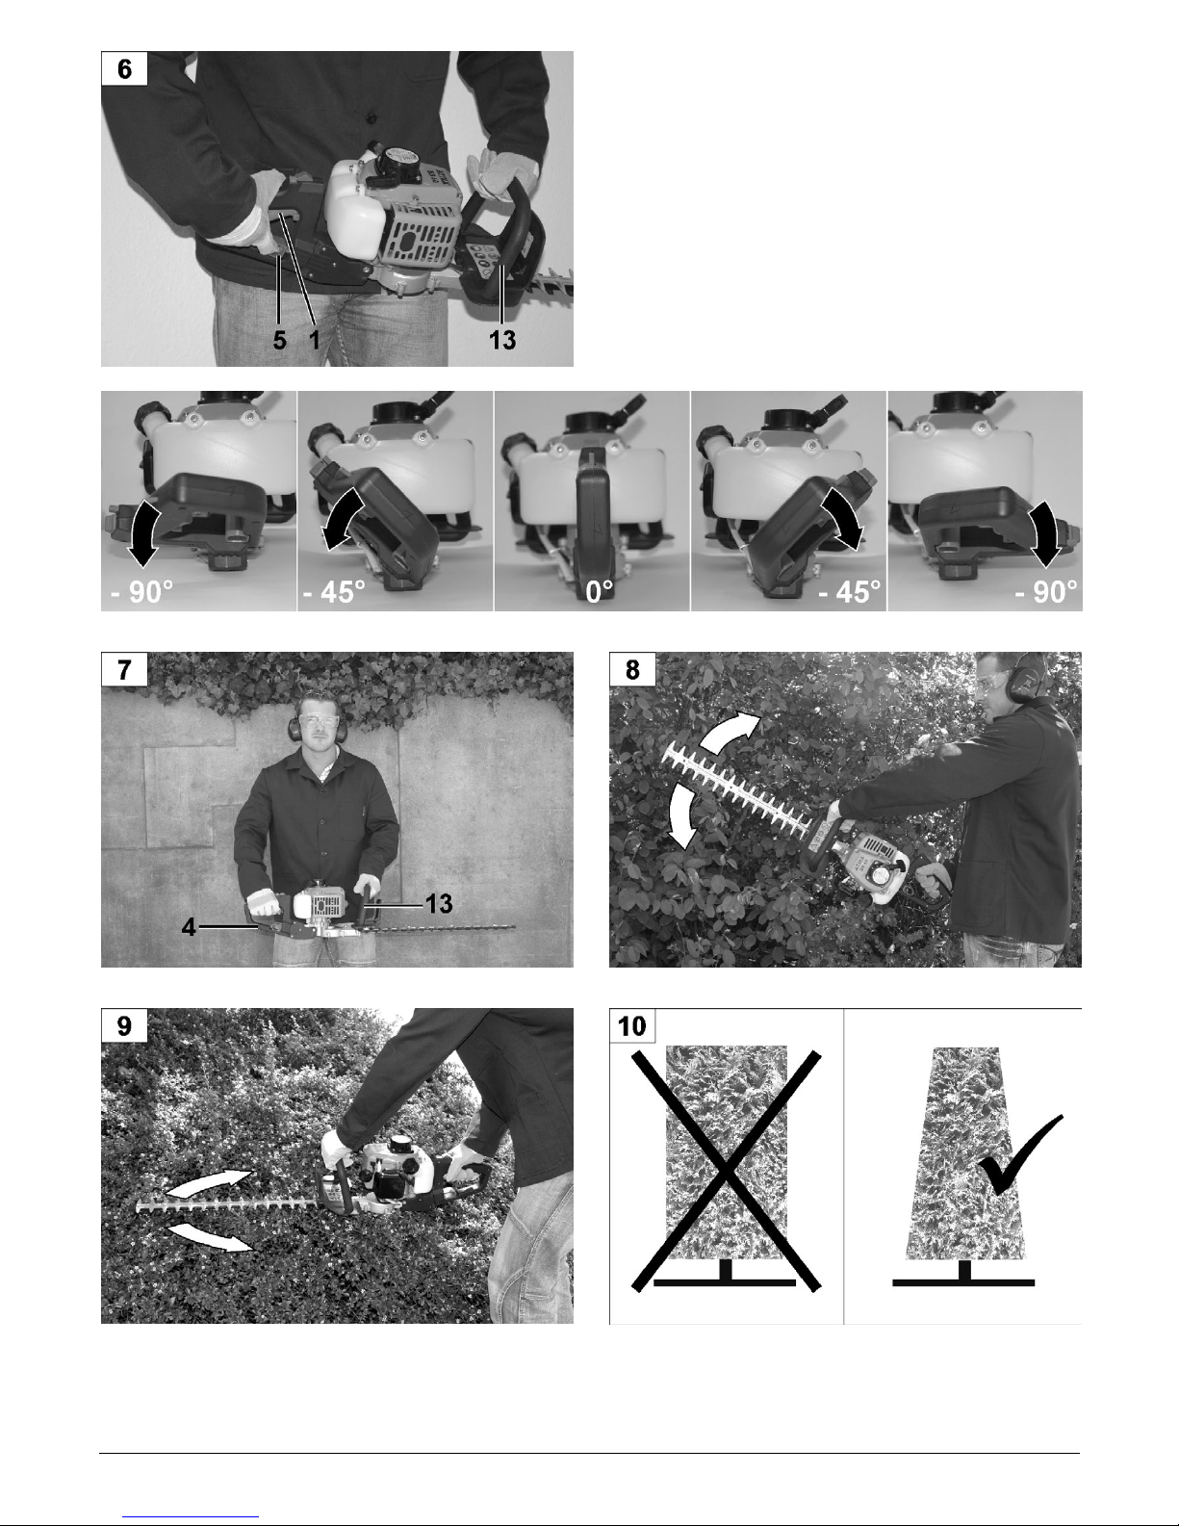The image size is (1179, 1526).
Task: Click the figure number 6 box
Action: click(x=124, y=68)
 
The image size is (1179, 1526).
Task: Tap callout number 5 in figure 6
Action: click(x=279, y=341)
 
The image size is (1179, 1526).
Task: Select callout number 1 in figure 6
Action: click(x=314, y=341)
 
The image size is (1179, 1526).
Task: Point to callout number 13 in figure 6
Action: click(x=501, y=341)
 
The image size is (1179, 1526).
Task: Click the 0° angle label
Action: click(x=600, y=591)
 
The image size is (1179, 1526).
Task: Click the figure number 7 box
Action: click(x=124, y=669)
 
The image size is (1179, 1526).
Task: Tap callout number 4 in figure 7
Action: click(x=188, y=927)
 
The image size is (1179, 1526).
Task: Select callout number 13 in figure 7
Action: click(x=439, y=904)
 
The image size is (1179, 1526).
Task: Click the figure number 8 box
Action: click(x=632, y=669)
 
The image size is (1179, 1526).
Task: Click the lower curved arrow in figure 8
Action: click(x=678, y=816)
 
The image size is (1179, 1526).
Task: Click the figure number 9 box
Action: click(x=124, y=1026)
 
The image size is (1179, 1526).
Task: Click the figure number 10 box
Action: click(x=632, y=1026)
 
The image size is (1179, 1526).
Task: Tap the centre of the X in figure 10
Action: click(x=727, y=1172)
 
